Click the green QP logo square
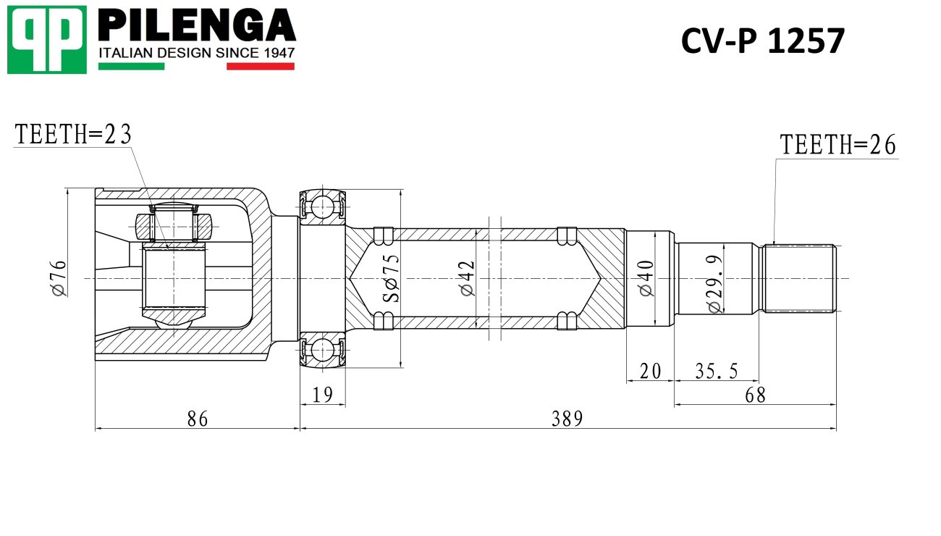47,40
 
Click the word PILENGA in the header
197,25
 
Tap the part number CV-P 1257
762,41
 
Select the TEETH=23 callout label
73,135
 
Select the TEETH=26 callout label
837,145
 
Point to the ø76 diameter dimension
59,278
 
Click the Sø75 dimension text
391,278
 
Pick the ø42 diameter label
467,278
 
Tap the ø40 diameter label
646,278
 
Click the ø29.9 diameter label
715,284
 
